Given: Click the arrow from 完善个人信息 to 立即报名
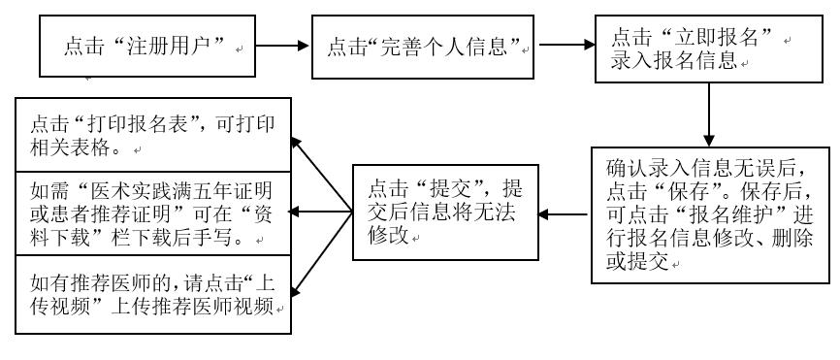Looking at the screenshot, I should pos(563,45).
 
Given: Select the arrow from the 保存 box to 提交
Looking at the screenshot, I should pos(563,212).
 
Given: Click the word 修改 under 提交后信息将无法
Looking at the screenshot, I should pos(382,235).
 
